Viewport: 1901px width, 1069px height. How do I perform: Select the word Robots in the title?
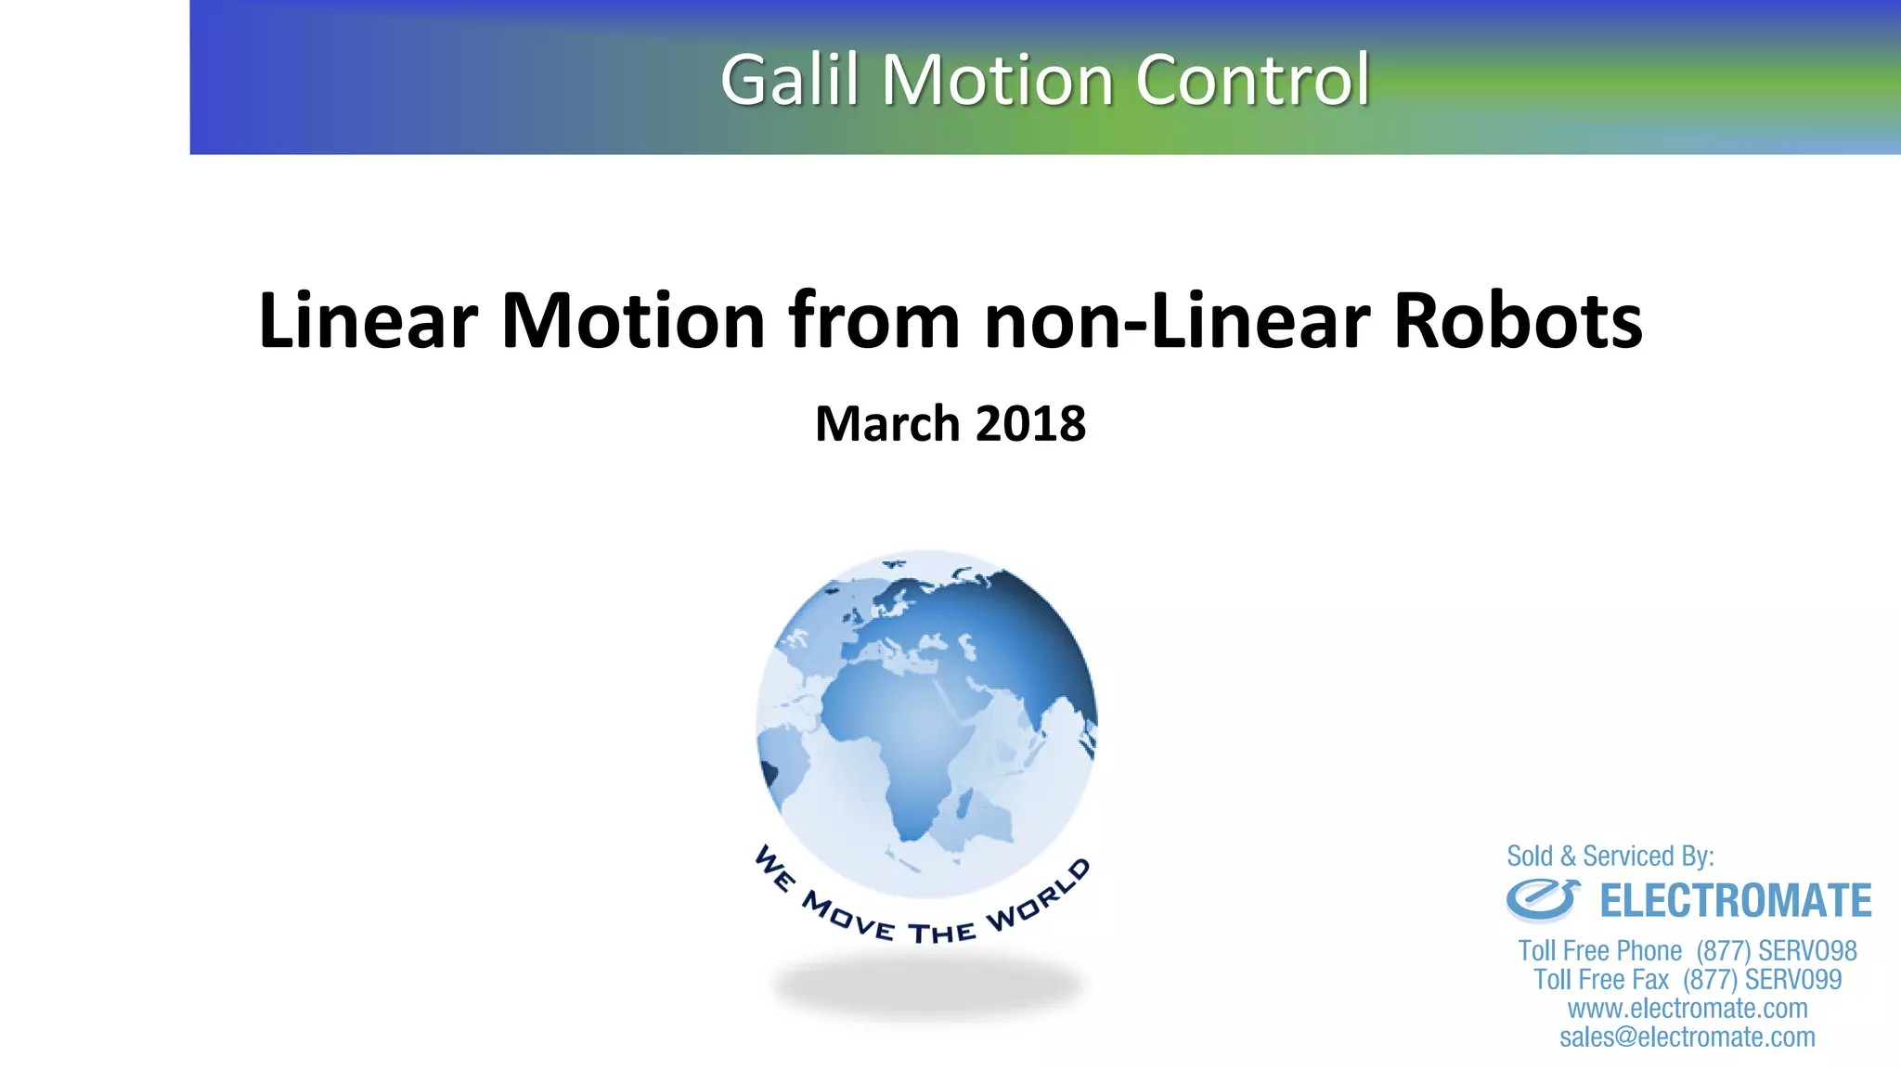tap(1518, 321)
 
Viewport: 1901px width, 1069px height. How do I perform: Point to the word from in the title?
tap(874, 321)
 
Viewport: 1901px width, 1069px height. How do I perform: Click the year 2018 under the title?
tap(1030, 424)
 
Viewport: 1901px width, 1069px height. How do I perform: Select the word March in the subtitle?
tap(886, 424)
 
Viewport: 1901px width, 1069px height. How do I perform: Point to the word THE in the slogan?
tap(941, 933)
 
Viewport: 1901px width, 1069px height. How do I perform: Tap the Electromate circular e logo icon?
tap(1542, 899)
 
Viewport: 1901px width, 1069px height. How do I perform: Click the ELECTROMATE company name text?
tap(1735, 901)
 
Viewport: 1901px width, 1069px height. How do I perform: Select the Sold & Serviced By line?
tap(1610, 856)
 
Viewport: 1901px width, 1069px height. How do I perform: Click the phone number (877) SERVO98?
tap(1776, 951)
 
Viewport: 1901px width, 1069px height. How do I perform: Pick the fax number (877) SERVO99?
tap(1762, 980)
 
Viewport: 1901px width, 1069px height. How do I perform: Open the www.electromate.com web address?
tap(1687, 1009)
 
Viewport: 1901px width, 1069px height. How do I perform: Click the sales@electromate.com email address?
tap(1687, 1037)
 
